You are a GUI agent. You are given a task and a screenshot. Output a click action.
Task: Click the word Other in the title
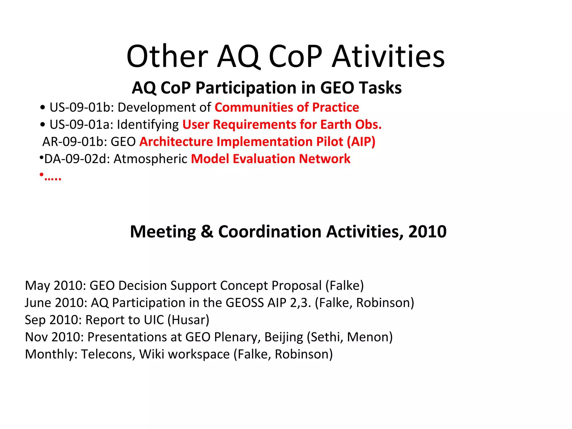pyautogui.click(x=167, y=57)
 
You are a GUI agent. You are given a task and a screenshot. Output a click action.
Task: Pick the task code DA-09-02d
pyautogui.click(x=77, y=159)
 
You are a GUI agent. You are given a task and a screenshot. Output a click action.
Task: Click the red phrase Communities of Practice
pyautogui.click(x=287, y=108)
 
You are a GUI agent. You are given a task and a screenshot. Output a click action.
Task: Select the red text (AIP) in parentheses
pyautogui.click(x=361, y=142)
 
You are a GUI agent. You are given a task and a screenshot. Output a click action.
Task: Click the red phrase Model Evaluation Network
pyautogui.click(x=270, y=159)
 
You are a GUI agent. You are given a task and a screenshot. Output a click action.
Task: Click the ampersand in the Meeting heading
pyautogui.click(x=207, y=232)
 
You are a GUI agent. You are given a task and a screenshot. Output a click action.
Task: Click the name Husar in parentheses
pyautogui.click(x=189, y=320)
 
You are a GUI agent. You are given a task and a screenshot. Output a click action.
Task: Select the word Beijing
pyautogui.click(x=283, y=337)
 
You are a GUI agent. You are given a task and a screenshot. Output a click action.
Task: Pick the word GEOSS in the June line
pyautogui.click(x=244, y=303)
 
